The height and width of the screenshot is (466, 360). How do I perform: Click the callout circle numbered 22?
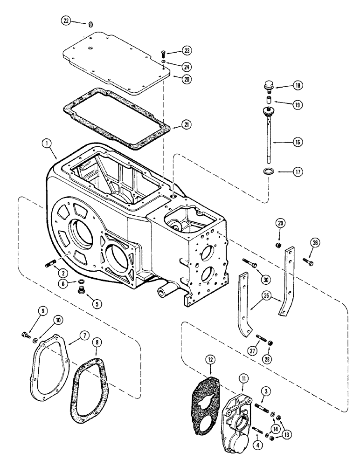coord(67,20)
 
